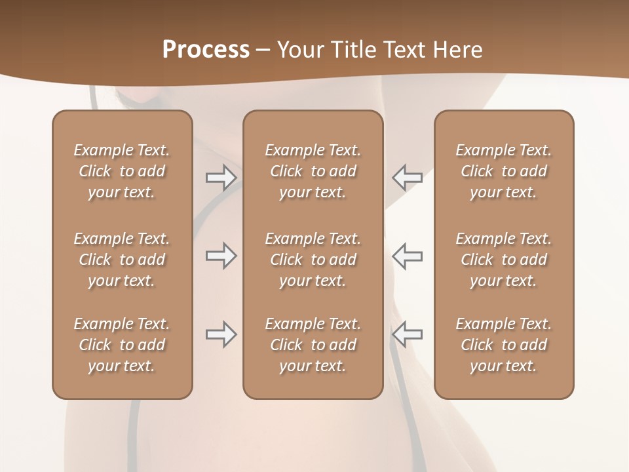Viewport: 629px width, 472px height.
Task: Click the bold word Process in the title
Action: [206, 50]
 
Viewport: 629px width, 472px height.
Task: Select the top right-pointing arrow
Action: [221, 178]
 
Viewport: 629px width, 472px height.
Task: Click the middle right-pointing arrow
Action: [221, 256]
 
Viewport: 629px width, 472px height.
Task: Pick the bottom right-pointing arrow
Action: [221, 334]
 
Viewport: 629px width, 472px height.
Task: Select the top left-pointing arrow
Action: [407, 178]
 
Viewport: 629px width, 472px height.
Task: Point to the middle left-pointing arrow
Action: [407, 256]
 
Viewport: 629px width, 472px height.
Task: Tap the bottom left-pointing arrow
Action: [407, 334]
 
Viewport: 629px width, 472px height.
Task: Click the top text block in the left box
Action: [122, 171]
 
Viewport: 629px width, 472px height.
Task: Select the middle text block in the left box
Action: [122, 260]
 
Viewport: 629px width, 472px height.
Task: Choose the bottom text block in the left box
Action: [122, 345]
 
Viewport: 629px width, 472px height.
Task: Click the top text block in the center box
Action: [313, 171]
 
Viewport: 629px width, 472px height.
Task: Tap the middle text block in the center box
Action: [313, 260]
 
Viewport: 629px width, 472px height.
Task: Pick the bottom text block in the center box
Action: [313, 345]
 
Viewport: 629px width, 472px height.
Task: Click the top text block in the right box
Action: [504, 171]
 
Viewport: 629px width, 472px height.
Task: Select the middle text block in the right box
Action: [504, 260]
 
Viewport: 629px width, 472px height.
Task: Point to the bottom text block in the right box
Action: [504, 345]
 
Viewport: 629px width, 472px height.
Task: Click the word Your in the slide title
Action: [299, 50]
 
